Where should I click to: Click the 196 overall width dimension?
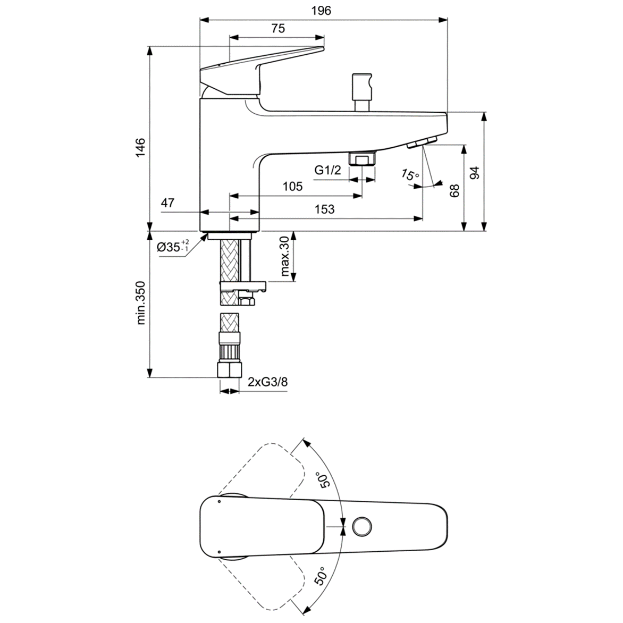click(x=322, y=11)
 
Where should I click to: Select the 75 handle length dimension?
click(x=277, y=29)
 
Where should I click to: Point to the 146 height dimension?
click(x=140, y=147)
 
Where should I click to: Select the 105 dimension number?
click(x=292, y=187)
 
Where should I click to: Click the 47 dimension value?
click(x=168, y=203)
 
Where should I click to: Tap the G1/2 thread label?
click(x=327, y=171)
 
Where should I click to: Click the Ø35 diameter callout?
click(x=173, y=247)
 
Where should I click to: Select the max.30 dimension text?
click(x=284, y=257)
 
